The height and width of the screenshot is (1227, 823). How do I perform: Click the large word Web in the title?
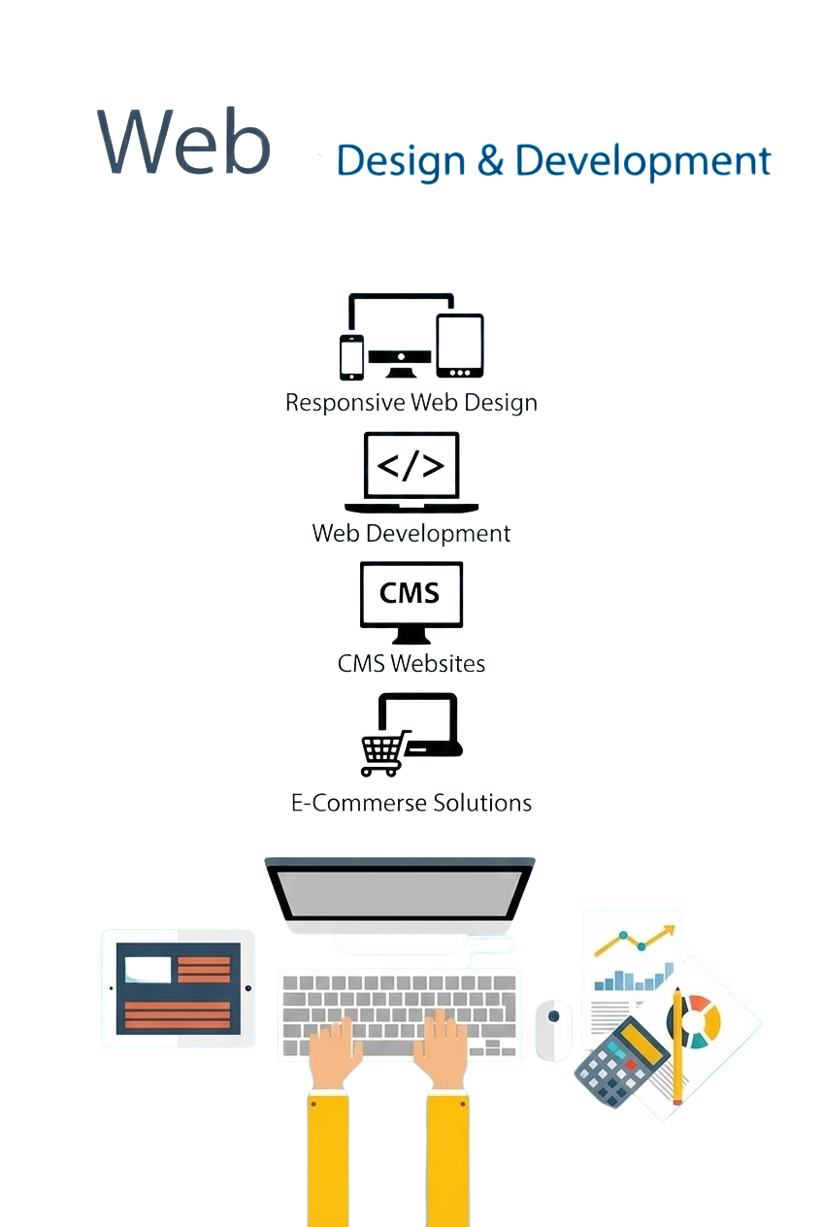pos(183,142)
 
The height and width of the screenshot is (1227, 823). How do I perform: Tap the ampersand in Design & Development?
pos(490,161)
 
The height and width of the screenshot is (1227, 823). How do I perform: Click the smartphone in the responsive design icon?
pos(351,357)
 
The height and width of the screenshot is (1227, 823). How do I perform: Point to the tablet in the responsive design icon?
pos(459,346)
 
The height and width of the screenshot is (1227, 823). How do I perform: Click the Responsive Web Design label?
pos(411,402)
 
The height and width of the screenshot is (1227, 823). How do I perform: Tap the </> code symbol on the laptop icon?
pos(411,466)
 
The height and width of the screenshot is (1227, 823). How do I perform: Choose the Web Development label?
pos(411,533)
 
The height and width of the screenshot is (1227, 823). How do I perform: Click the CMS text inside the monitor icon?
pos(410,592)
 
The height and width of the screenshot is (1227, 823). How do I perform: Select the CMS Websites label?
pos(411,663)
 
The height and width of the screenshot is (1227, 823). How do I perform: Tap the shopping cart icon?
pos(383,753)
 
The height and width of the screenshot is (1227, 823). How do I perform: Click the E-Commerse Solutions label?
pos(411,803)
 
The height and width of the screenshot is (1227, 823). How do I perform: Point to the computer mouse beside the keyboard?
pos(553,1029)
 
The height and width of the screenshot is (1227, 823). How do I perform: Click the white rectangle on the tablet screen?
pos(148,969)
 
